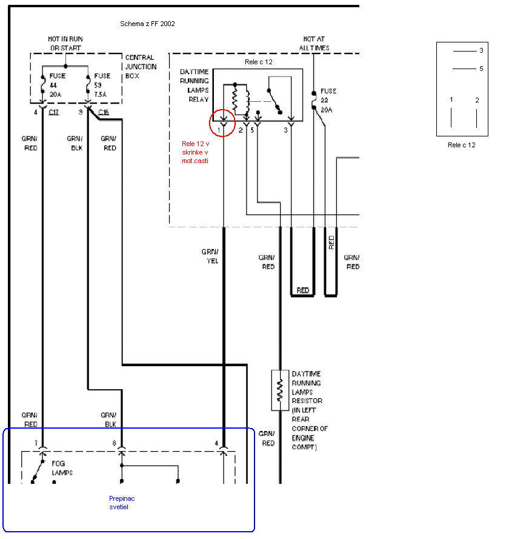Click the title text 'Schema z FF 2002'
pyautogui.click(x=148, y=24)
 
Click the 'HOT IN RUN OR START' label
pyautogui.click(x=65, y=43)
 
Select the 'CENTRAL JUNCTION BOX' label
pyautogui.click(x=140, y=67)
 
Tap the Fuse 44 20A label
pyautogui.click(x=58, y=85)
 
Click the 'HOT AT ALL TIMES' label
pyautogui.click(x=314, y=43)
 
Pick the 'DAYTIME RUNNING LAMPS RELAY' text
pyautogui.click(x=195, y=85)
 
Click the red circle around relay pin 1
pyautogui.click(x=222, y=123)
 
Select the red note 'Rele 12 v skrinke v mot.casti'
pyautogui.click(x=195, y=152)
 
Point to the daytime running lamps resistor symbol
pyautogui.click(x=280, y=389)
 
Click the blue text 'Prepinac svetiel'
pyautogui.click(x=122, y=502)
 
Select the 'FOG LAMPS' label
pyautogui.click(x=62, y=467)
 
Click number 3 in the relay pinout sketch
pyautogui.click(x=481, y=51)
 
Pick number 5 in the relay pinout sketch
pyautogui.click(x=481, y=69)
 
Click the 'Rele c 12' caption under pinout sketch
pyautogui.click(x=462, y=145)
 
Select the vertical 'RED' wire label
pyautogui.click(x=331, y=243)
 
